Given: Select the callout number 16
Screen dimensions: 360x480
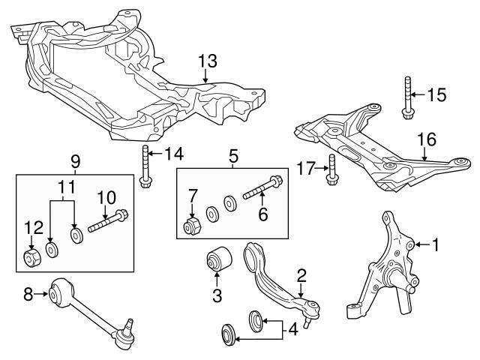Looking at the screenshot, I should tap(426, 139).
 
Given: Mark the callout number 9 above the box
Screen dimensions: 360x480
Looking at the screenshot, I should tap(74, 160).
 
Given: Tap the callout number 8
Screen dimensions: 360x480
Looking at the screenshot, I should tap(28, 295).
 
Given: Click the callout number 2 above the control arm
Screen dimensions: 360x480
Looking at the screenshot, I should tap(300, 277).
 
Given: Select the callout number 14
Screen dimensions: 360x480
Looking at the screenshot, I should tap(173, 155).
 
